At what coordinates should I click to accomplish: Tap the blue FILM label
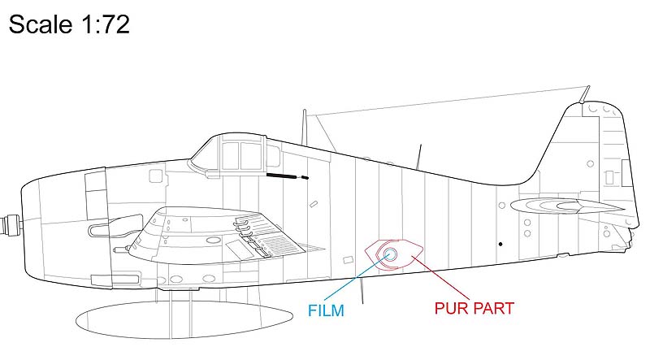coord(326,310)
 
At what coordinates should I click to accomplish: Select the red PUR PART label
coord(474,309)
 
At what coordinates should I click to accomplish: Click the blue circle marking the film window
coord(390,254)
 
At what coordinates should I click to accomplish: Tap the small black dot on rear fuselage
coord(500,244)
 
